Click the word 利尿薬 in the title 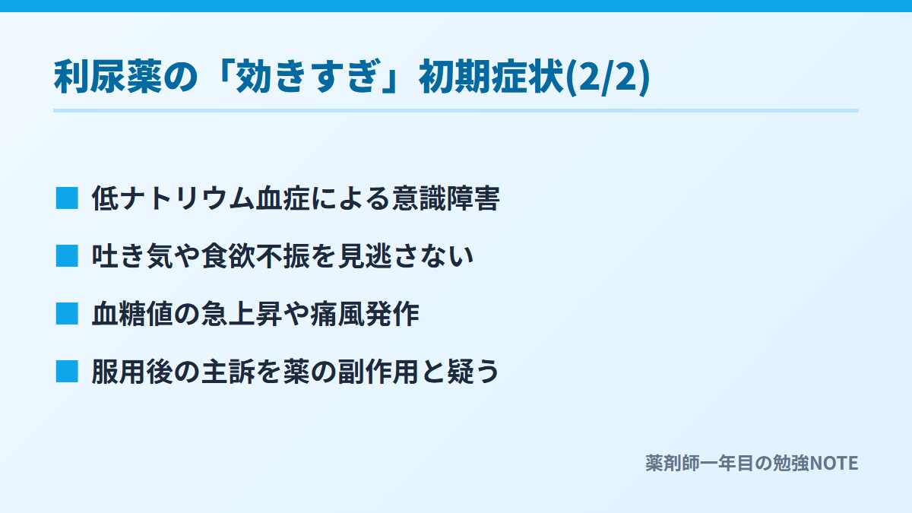[x=108, y=77]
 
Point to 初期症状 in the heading [x=492, y=77]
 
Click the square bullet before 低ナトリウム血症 [x=67, y=198]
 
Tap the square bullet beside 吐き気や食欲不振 [x=67, y=256]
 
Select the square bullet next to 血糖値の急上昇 [x=67, y=314]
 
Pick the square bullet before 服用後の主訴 [x=67, y=372]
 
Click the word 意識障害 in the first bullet [x=446, y=198]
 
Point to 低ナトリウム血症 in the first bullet [x=201, y=198]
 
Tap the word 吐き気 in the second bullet [x=132, y=256]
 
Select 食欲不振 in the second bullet [x=255, y=256]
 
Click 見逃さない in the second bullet [x=406, y=256]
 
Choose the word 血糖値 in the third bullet [x=132, y=314]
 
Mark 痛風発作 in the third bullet [x=365, y=314]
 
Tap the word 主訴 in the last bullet [x=229, y=372]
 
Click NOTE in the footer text [x=834, y=464]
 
